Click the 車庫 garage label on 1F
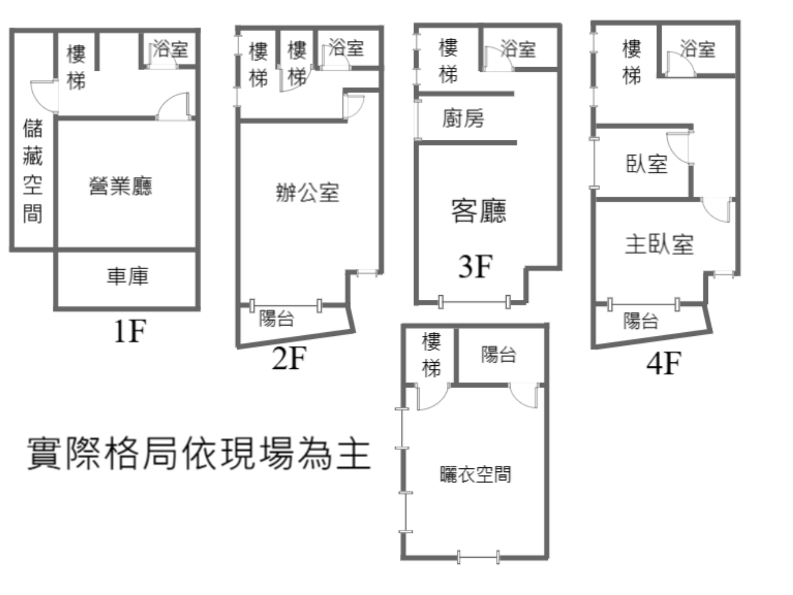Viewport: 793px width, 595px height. pyautogui.click(x=128, y=277)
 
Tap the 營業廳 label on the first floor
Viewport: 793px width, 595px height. pyautogui.click(x=120, y=186)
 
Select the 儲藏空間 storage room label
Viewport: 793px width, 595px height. pyautogui.click(x=32, y=172)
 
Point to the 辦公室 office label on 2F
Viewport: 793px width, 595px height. pyautogui.click(x=307, y=193)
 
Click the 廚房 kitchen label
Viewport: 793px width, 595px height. pyautogui.click(x=463, y=118)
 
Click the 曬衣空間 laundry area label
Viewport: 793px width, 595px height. pyautogui.click(x=475, y=474)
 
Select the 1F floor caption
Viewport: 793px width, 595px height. pyautogui.click(x=129, y=331)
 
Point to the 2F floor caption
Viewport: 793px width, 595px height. pyautogui.click(x=289, y=358)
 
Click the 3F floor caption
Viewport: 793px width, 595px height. pyautogui.click(x=475, y=266)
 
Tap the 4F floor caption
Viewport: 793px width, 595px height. pyautogui.click(x=664, y=363)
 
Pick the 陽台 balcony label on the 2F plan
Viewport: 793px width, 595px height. pyautogui.click(x=277, y=318)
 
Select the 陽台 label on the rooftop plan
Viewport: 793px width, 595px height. pyautogui.click(x=499, y=354)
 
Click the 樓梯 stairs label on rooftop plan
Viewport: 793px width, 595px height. pyautogui.click(x=432, y=355)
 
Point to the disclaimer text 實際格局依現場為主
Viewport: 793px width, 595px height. pyautogui.click(x=199, y=453)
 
